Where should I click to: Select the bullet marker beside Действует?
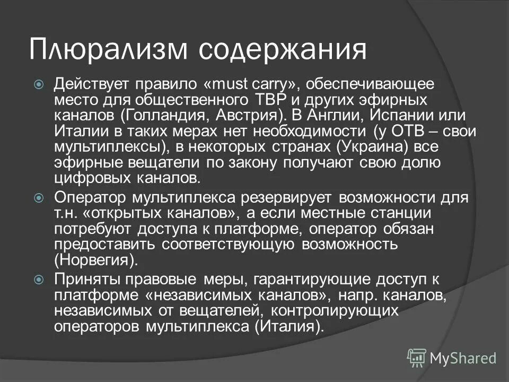(x=38, y=84)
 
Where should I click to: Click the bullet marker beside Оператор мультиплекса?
(x=38, y=198)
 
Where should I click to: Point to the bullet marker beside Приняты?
(x=38, y=279)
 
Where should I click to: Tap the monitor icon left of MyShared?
(x=417, y=359)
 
